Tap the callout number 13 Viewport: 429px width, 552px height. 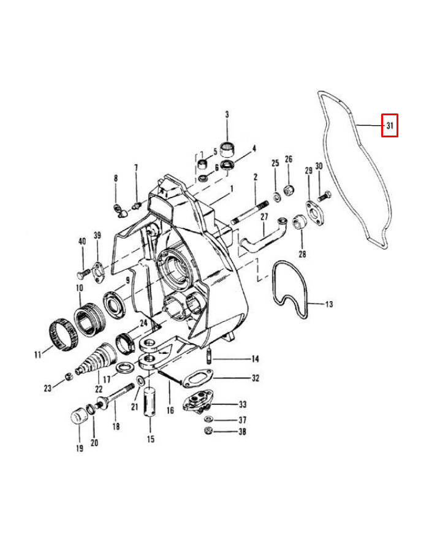(329, 304)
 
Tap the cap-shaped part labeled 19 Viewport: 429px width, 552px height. (78, 418)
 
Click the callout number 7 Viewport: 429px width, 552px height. (136, 167)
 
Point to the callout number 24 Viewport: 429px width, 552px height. (143, 323)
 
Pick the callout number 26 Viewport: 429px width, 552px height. (289, 163)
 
